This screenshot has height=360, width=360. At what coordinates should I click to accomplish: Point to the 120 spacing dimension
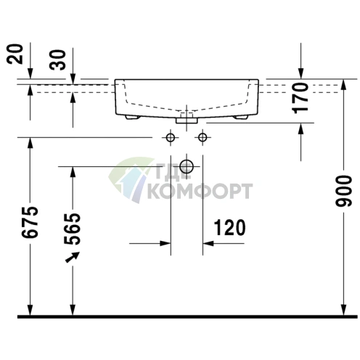pos(228,227)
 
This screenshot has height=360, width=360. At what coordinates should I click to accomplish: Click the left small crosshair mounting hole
pos(171,138)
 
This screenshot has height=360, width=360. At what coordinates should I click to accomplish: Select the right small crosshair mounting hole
pos(202,138)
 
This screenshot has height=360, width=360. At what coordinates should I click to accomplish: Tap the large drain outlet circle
pos(187,167)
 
